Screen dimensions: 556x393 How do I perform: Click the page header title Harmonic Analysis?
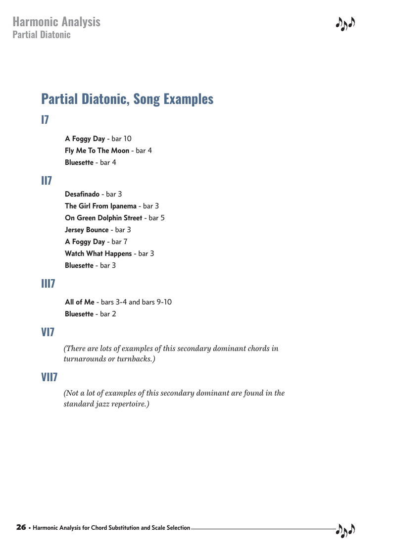(56, 22)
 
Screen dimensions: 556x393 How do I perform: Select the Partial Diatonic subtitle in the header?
(42, 35)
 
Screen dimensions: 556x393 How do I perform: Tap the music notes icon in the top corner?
(345, 24)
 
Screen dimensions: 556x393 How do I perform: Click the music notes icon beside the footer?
(345, 530)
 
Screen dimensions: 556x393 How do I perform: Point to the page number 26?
(21, 527)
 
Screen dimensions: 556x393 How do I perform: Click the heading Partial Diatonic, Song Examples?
(127, 99)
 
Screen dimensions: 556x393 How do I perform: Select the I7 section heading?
(45, 120)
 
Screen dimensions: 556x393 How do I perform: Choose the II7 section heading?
(47, 181)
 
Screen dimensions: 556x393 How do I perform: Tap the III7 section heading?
(48, 284)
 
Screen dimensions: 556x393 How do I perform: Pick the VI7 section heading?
(48, 332)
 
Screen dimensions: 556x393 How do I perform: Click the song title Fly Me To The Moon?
(97, 151)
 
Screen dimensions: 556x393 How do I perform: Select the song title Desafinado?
(82, 194)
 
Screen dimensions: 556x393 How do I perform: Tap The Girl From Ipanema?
(100, 206)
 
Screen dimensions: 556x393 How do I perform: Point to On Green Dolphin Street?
(103, 218)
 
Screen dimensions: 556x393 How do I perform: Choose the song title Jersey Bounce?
(87, 230)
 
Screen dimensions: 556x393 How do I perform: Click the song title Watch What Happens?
(98, 253)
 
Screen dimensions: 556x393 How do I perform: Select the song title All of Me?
(80, 302)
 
